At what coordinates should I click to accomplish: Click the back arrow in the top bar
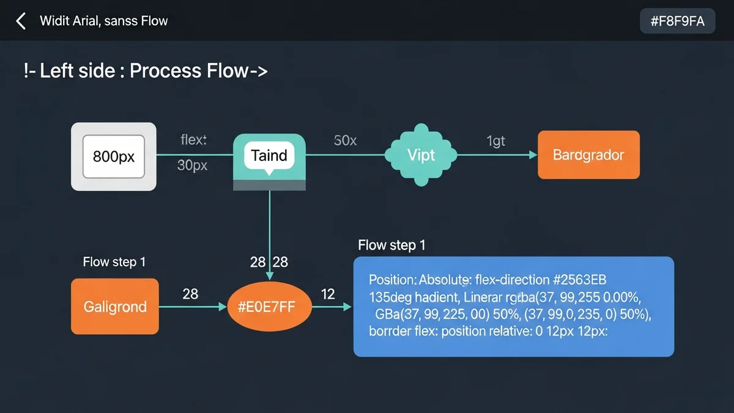click(21, 21)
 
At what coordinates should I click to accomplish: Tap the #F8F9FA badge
click(677, 21)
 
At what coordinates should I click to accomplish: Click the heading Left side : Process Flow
click(146, 71)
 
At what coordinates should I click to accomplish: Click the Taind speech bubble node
click(269, 155)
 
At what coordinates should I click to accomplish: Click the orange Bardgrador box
click(588, 155)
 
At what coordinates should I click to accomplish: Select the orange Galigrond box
click(115, 306)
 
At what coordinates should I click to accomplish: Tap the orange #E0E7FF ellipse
click(269, 307)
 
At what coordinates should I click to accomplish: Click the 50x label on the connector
click(345, 140)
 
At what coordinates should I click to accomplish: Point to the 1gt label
click(495, 141)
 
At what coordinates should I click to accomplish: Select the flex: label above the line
click(193, 140)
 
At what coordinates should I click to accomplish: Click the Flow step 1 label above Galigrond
click(114, 262)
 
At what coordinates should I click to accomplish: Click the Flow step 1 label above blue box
click(391, 245)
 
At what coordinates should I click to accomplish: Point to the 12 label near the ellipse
click(328, 294)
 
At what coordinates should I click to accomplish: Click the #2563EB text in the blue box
click(580, 280)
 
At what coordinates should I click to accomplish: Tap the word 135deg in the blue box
click(391, 297)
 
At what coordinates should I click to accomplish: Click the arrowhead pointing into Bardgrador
click(533, 155)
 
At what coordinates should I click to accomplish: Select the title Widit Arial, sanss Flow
click(103, 21)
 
